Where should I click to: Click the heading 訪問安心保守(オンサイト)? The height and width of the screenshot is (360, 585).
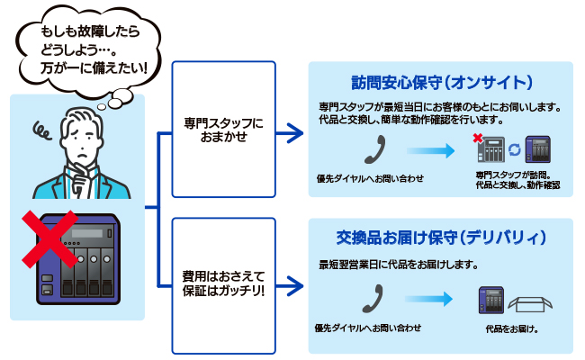[x=441, y=81]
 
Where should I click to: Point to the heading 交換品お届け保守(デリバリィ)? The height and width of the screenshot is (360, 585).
[x=441, y=238]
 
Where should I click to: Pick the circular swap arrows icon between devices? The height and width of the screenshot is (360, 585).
[x=514, y=148]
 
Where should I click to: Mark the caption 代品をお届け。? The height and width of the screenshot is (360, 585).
[x=511, y=329]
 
